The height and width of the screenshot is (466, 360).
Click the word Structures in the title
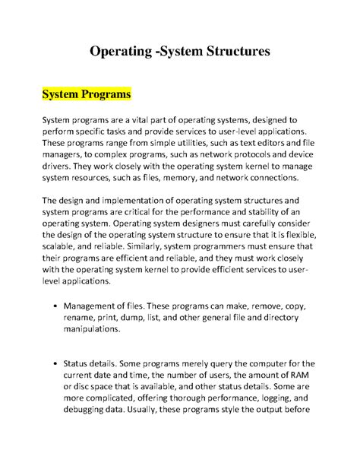[x=229, y=52]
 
